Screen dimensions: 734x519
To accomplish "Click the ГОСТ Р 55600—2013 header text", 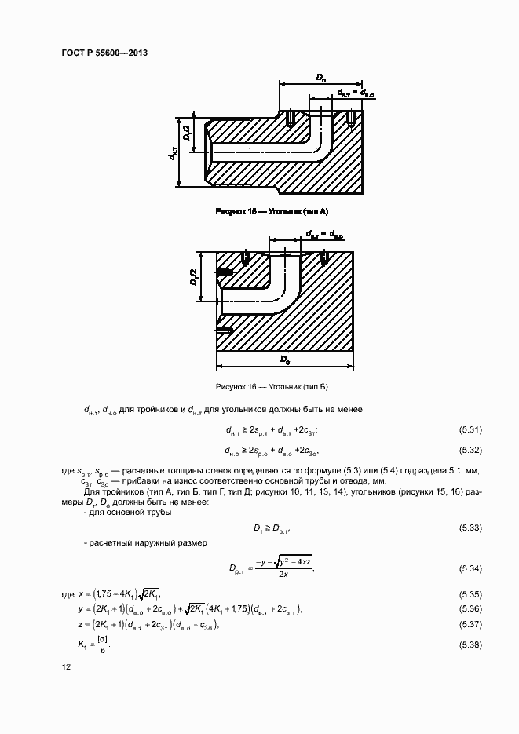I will tap(104, 53).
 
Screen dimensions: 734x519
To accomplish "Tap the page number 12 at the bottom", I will tap(66, 666).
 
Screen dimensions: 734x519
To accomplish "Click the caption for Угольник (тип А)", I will tap(271, 212).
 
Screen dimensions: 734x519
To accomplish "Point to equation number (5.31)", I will tap(470, 429).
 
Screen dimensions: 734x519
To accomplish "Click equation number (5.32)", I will tap(470, 451).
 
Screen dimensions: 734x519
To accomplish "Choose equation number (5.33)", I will tap(470, 528).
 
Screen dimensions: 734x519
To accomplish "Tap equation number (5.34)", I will tap(470, 568).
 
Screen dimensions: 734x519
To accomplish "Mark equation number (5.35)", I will tap(470, 593).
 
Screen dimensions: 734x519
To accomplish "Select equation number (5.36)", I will tap(470, 609).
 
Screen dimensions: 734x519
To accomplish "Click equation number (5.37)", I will tap(470, 626).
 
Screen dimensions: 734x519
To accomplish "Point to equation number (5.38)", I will tap(470, 645).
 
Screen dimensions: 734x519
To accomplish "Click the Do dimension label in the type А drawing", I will tap(321, 77).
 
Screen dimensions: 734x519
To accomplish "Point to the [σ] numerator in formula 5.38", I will tap(103, 639).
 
